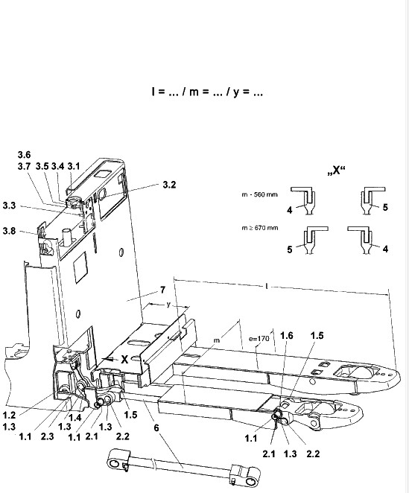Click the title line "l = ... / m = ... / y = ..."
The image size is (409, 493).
[x=206, y=92]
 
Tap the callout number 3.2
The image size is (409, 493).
[x=169, y=185]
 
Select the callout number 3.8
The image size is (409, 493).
[x=9, y=231]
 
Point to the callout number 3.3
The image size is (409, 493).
[x=9, y=206]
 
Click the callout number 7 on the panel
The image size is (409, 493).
[x=162, y=290]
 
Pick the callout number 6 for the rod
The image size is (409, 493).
[x=156, y=427]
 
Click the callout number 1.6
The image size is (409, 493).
[x=286, y=335]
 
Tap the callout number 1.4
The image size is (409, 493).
[x=75, y=418]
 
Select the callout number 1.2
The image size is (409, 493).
[x=9, y=415]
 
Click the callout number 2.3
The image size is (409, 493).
[x=47, y=436]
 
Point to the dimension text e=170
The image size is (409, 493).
[x=259, y=339]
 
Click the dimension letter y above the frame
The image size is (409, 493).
[x=169, y=305]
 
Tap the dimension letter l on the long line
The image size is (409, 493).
[x=267, y=286]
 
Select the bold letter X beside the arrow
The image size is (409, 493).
[x=124, y=360]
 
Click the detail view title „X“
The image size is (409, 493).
[x=336, y=171]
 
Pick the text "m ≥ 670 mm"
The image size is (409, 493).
[x=260, y=228]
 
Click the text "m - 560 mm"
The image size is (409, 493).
[x=259, y=194]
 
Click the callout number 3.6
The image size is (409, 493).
[x=24, y=155]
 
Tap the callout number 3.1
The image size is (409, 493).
[x=74, y=166]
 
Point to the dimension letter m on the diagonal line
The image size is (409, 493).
[x=217, y=340]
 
